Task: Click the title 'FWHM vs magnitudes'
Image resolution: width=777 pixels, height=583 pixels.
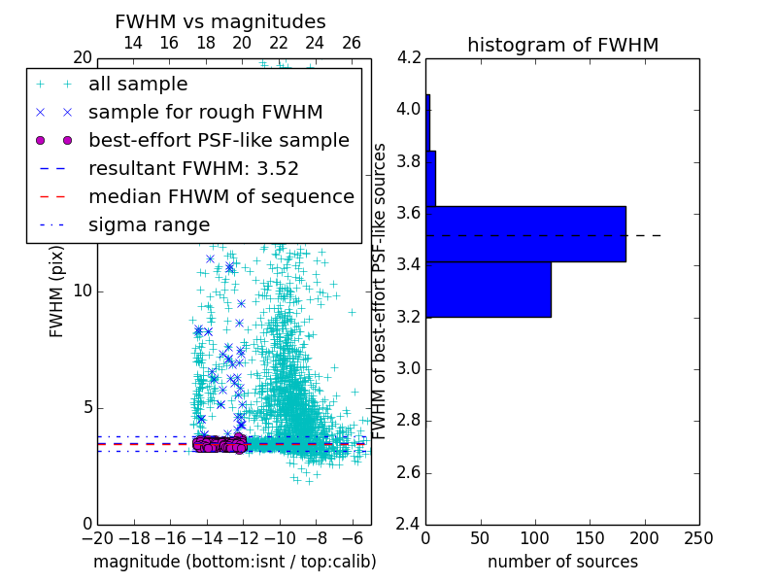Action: [x=220, y=21]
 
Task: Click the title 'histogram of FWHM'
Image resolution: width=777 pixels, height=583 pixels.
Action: [x=562, y=45]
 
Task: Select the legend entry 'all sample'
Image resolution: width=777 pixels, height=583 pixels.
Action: [x=138, y=85]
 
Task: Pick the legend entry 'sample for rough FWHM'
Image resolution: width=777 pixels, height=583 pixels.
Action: [x=205, y=112]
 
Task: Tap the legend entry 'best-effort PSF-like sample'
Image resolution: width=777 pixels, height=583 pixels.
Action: [x=219, y=140]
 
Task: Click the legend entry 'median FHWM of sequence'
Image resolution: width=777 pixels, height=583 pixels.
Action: [x=220, y=196]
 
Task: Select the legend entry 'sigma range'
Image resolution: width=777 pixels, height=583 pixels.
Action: [x=149, y=224]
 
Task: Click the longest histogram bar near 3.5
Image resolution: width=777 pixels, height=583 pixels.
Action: [x=525, y=234]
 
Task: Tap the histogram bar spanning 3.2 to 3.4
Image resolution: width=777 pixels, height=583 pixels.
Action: [x=489, y=290]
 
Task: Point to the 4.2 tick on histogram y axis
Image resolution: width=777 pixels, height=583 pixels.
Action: [x=409, y=57]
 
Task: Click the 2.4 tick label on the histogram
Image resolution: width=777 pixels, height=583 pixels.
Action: [x=409, y=525]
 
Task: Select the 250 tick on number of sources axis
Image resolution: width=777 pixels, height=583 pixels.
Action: [x=698, y=537]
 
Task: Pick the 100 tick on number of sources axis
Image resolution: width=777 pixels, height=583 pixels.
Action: [x=535, y=537]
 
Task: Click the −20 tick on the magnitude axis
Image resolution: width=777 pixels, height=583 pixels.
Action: [x=96, y=537]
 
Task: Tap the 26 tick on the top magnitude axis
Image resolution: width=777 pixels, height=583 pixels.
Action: [x=352, y=43]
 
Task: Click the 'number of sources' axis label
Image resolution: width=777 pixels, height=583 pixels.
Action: [x=562, y=562]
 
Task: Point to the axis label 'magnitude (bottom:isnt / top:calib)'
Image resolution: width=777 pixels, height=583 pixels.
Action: [x=234, y=562]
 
